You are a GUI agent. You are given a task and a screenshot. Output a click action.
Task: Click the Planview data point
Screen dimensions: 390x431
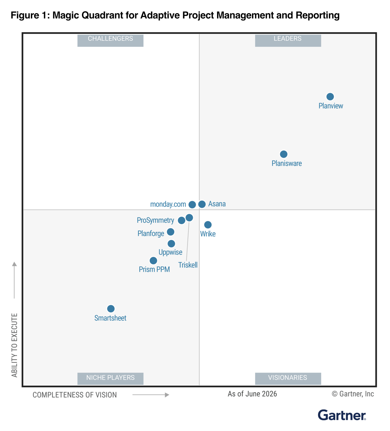tap(330, 97)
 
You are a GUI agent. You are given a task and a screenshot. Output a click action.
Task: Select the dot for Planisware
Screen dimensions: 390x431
tap(283, 154)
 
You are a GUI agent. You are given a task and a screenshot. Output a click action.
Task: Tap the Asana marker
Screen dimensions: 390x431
tap(202, 204)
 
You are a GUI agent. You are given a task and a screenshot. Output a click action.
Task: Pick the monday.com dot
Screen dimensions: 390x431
tap(192, 205)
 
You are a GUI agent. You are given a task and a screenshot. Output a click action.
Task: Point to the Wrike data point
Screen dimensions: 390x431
tap(208, 225)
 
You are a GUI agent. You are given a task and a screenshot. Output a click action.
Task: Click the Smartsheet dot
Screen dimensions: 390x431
tap(111, 309)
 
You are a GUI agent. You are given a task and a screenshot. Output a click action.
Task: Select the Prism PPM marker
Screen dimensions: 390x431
tap(153, 261)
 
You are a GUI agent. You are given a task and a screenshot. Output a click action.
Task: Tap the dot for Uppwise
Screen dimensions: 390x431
tap(171, 244)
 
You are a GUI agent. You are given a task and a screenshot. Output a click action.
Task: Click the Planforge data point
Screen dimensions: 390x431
tap(171, 232)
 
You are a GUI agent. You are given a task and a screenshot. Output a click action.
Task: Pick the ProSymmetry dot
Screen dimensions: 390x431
tap(182, 220)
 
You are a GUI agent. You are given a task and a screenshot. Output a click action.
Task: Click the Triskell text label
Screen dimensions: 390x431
tap(188, 265)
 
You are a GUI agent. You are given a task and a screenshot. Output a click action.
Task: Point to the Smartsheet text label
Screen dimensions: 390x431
tap(110, 318)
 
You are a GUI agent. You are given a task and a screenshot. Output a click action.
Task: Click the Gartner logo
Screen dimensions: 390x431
tap(342, 415)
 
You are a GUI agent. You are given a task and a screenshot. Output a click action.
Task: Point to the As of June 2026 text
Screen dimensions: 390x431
tap(252, 394)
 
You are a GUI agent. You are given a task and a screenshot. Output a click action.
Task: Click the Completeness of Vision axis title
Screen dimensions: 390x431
tap(75, 395)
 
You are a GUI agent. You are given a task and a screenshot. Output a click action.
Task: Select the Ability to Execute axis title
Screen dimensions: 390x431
tap(14, 345)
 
